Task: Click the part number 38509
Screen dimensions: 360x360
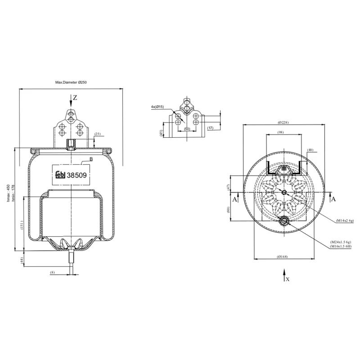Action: click(76, 176)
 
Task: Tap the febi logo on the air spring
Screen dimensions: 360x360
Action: click(60, 176)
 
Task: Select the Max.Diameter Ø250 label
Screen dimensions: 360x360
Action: click(71, 83)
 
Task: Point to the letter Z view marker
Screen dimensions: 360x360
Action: click(75, 98)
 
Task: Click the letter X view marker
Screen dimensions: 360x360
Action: click(288, 279)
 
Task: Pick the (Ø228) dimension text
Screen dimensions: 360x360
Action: click(283, 122)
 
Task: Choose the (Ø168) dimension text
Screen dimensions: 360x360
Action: click(283, 256)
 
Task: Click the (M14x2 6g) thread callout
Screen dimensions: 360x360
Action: click(345, 220)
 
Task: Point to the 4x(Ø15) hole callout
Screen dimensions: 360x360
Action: click(157, 107)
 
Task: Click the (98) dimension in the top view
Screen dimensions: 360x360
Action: click(280, 132)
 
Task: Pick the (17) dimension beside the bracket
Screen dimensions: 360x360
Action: click(210, 128)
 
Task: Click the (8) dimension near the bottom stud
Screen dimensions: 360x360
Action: click(52, 272)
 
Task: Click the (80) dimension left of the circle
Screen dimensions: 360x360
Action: click(228, 210)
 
